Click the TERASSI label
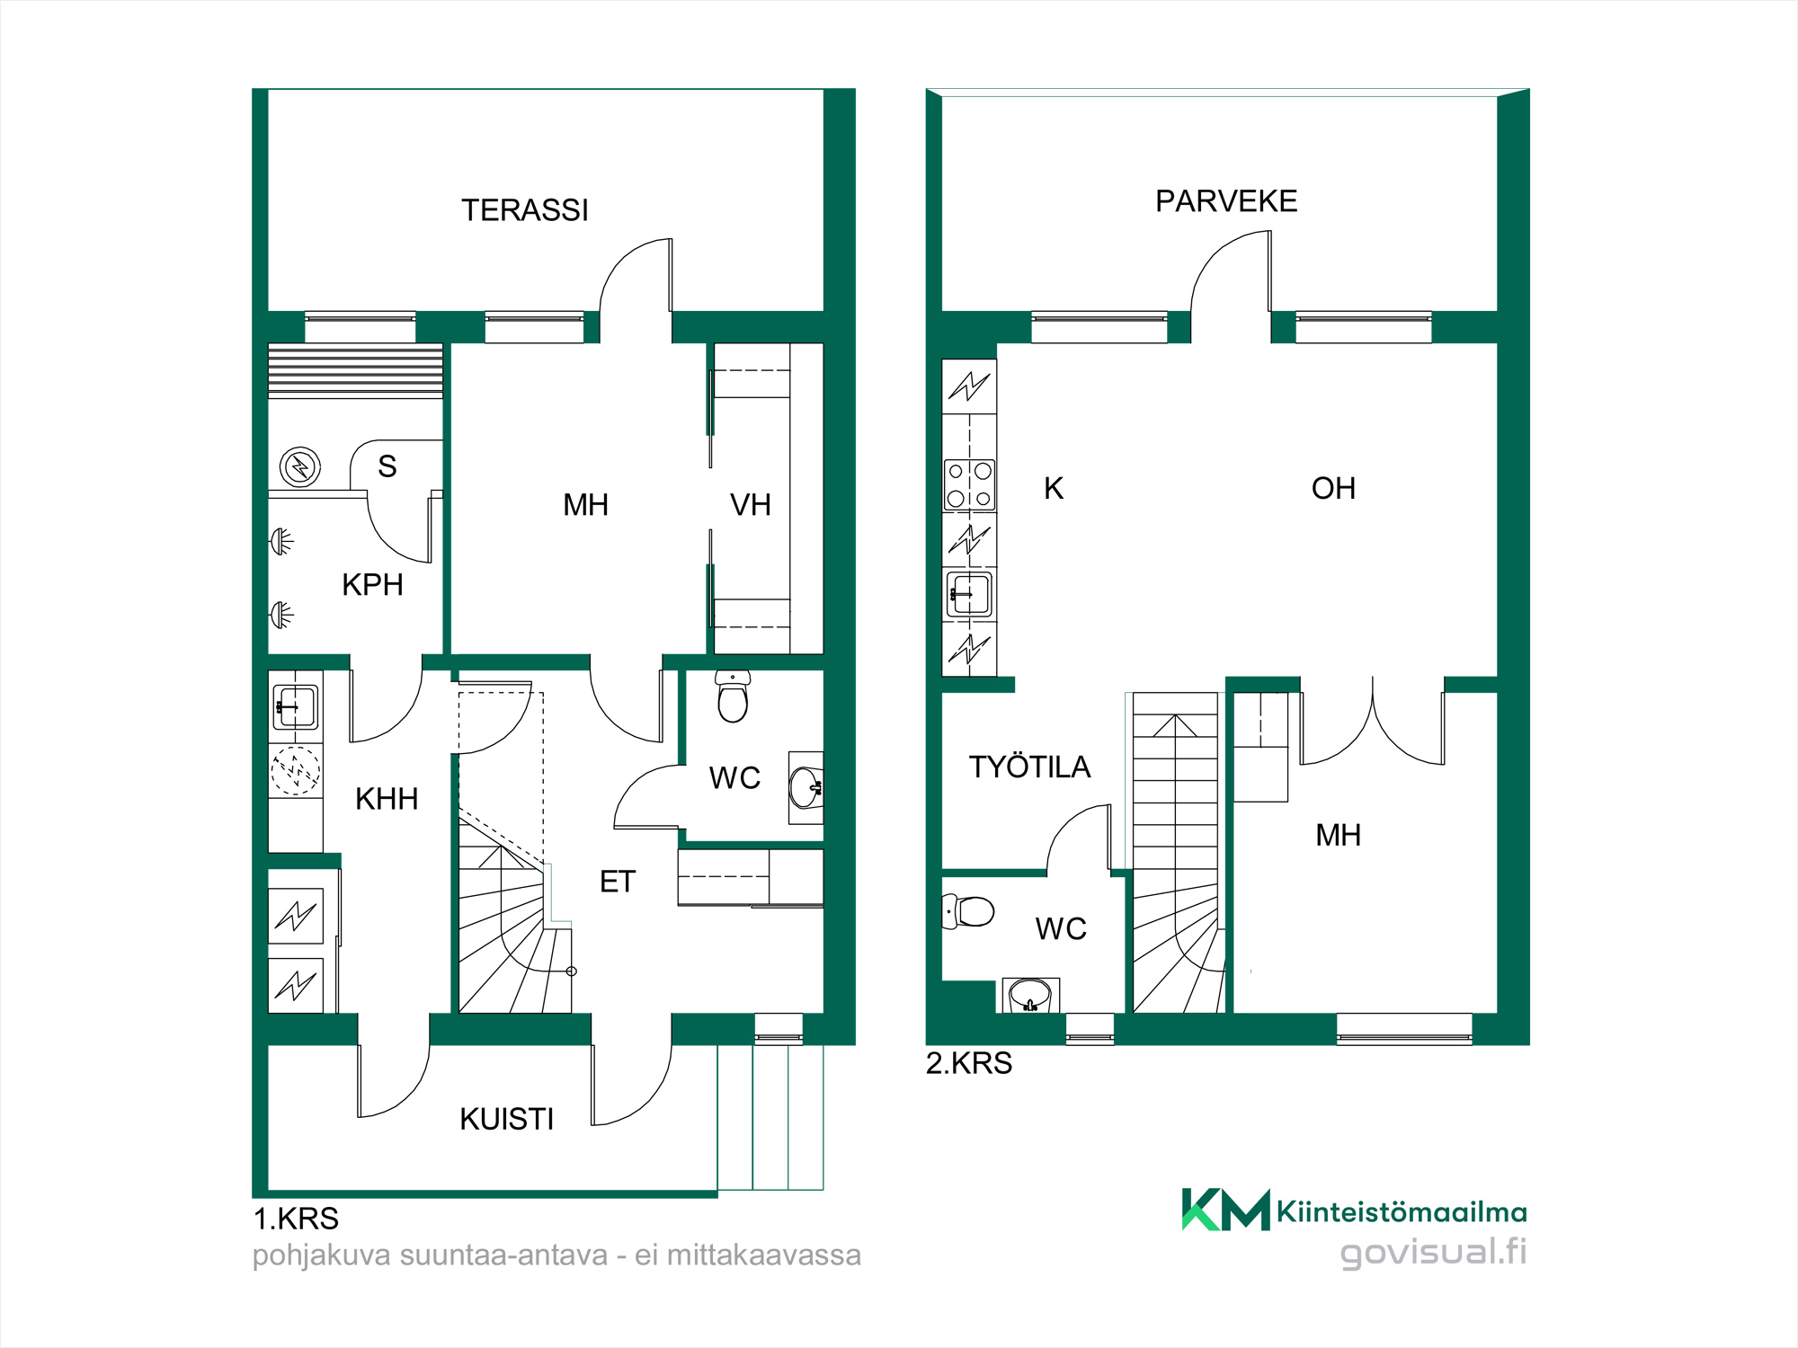tap(525, 210)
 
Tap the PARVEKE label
tap(1226, 201)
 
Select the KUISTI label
tap(506, 1119)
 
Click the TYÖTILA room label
tap(1029, 767)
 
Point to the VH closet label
tap(751, 505)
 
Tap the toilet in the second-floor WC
tap(967, 911)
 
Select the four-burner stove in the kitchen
tap(969, 484)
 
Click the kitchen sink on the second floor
tap(969, 593)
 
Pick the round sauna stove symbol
tap(300, 467)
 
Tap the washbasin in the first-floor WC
tap(806, 787)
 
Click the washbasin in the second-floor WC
tap(1030, 995)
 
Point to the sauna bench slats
tap(355, 370)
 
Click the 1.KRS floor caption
tap(296, 1219)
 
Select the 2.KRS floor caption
tap(969, 1063)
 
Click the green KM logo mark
tap(1225, 1210)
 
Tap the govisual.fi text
tap(1433, 1252)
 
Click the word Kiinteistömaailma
tap(1402, 1212)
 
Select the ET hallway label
tap(618, 882)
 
